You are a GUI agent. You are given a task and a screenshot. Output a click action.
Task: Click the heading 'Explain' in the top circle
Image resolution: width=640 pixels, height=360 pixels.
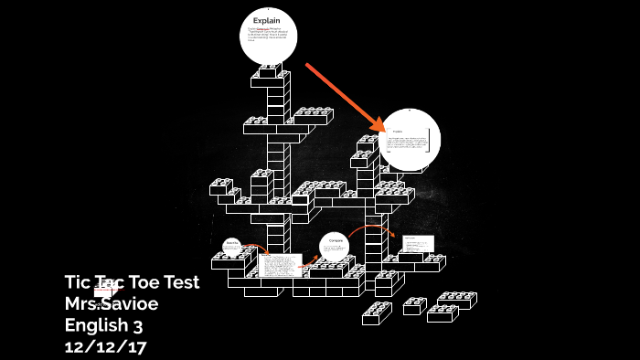[267, 20]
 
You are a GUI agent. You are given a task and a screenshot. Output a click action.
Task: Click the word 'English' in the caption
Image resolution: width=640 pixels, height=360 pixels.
[97, 324]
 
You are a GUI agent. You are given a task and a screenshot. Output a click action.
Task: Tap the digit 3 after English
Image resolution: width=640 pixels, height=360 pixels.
[138, 324]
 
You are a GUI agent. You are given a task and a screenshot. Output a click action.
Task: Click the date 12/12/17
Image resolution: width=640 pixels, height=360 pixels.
[105, 346]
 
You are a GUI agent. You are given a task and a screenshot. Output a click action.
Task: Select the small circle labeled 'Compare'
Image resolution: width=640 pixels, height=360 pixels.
[335, 247]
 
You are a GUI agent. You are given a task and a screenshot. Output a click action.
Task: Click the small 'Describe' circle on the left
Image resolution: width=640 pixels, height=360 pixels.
[232, 246]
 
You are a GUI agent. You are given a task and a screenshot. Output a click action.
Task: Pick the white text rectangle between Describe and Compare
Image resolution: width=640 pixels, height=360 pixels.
[280, 265]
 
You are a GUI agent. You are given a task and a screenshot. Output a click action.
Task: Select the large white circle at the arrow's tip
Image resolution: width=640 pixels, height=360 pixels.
[410, 140]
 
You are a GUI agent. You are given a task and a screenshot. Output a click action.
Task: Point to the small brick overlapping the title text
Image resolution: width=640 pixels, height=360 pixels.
[106, 291]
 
